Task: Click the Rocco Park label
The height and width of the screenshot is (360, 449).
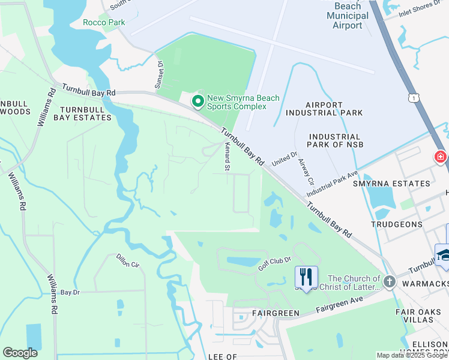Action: tap(104, 22)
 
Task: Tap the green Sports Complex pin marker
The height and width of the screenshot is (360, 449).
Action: tap(197, 101)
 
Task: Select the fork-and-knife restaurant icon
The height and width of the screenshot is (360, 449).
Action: tap(306, 277)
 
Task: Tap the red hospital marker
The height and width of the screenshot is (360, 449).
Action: tap(441, 157)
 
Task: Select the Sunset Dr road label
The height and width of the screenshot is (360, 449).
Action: tap(159, 76)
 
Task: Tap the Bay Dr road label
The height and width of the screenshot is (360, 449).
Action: tap(70, 292)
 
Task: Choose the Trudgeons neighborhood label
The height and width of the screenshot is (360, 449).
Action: tap(397, 224)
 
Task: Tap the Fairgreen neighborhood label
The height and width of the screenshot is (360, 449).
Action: tap(259, 314)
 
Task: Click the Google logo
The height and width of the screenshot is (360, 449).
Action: tap(20, 353)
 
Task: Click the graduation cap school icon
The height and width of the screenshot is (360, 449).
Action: tap(443, 254)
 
